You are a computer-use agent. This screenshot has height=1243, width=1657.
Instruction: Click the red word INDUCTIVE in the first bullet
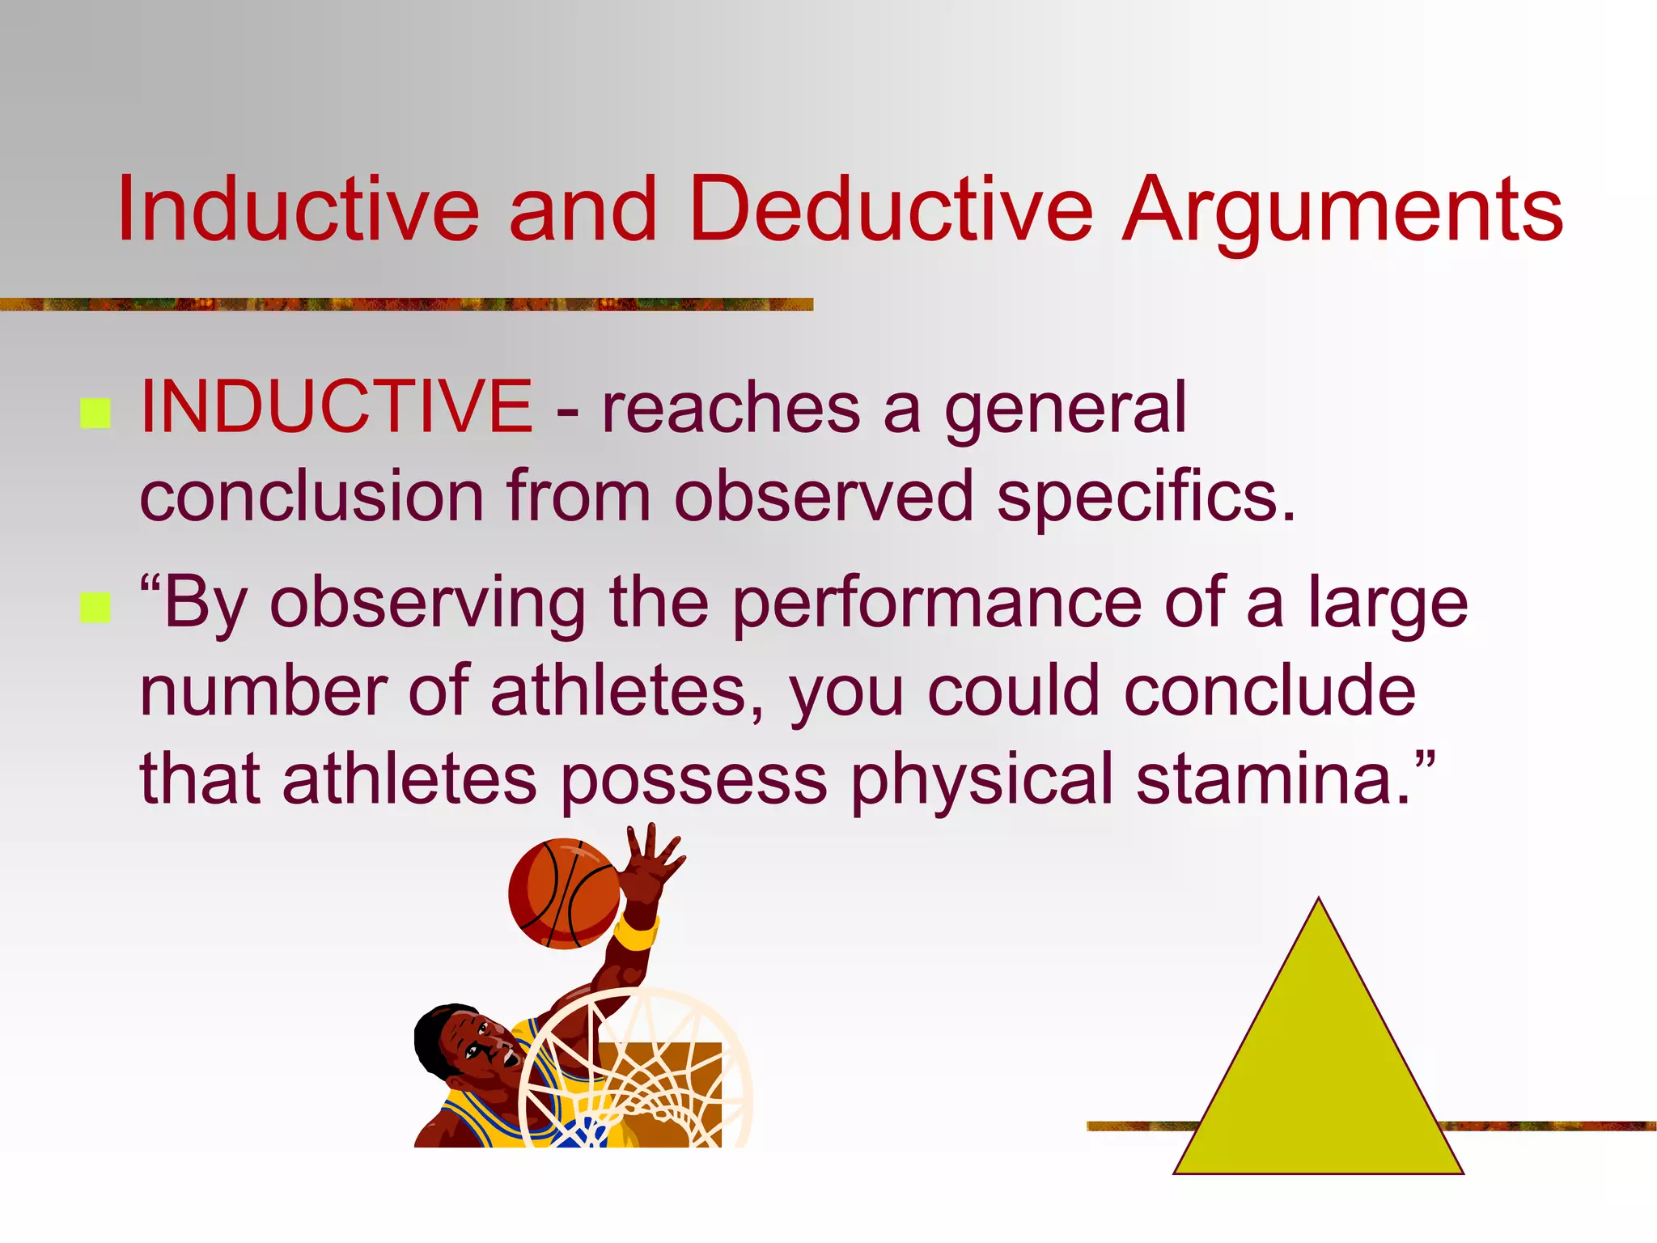(x=336, y=406)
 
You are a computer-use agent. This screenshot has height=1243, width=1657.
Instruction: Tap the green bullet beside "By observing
(x=95, y=608)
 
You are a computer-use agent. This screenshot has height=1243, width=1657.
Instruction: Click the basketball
(x=564, y=893)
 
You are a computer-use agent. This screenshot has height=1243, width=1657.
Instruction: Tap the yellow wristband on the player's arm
(x=636, y=934)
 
